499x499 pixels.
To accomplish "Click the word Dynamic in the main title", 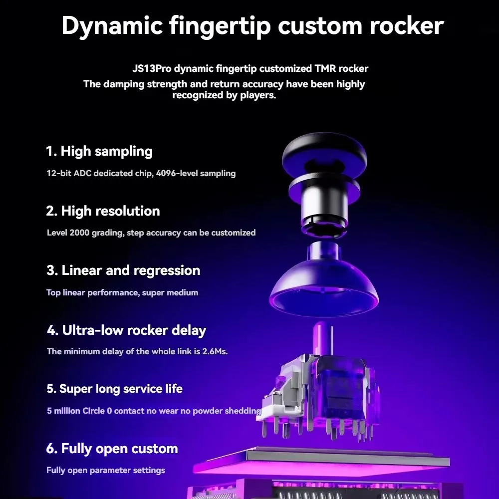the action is [x=112, y=26].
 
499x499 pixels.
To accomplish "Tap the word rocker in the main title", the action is [x=406, y=25].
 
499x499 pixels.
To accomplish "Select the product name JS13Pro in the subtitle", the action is [x=152, y=68].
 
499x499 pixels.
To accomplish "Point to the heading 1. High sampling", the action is [x=99, y=151].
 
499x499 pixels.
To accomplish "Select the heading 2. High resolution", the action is [x=103, y=211].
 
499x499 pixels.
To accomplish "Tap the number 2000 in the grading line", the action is [x=79, y=233].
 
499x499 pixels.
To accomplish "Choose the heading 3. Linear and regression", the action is [x=123, y=270].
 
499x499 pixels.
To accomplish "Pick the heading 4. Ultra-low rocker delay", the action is [x=126, y=330].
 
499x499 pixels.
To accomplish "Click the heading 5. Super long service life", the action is [x=115, y=389].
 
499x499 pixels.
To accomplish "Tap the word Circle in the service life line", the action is [x=94, y=411].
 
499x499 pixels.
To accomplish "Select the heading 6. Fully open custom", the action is [x=112, y=449].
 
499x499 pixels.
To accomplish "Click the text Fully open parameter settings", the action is [x=106, y=471].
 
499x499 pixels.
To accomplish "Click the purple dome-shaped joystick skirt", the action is [x=324, y=286].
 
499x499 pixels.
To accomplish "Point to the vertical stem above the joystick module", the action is [x=323, y=338].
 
